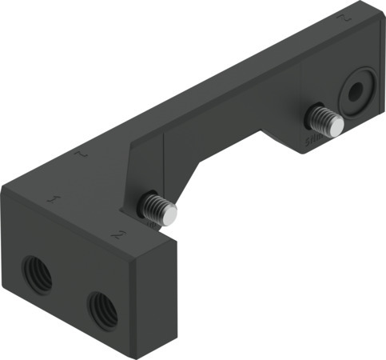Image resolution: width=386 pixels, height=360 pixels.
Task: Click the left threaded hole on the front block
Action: (37, 274)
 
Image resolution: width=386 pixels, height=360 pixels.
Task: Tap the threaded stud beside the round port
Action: (324, 119)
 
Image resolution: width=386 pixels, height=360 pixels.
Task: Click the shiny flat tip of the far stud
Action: (338, 125)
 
